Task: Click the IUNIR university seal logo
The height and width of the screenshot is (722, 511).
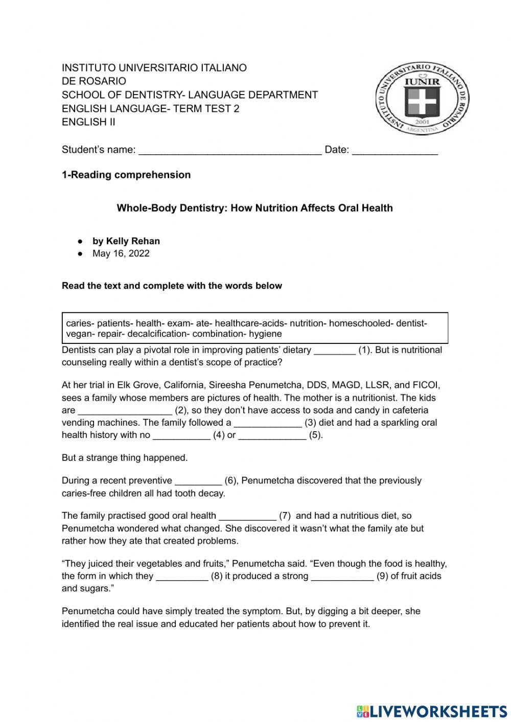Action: pos(423,99)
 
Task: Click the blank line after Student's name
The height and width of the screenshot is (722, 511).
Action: pos(230,150)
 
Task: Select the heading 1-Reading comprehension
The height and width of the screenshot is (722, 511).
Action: pos(126,175)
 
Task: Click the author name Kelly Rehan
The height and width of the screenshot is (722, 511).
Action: pos(133,241)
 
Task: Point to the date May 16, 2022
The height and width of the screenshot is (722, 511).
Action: pos(121,253)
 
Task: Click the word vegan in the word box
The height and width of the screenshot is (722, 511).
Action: pos(78,334)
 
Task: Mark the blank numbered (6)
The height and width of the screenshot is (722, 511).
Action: pos(198,481)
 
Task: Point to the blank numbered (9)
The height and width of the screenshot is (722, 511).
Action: pos(342,577)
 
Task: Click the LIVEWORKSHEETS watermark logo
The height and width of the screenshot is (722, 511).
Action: pos(432,711)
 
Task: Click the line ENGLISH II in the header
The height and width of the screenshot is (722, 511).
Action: pos(88,122)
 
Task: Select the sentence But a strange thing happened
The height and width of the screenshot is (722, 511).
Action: pos(125,458)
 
